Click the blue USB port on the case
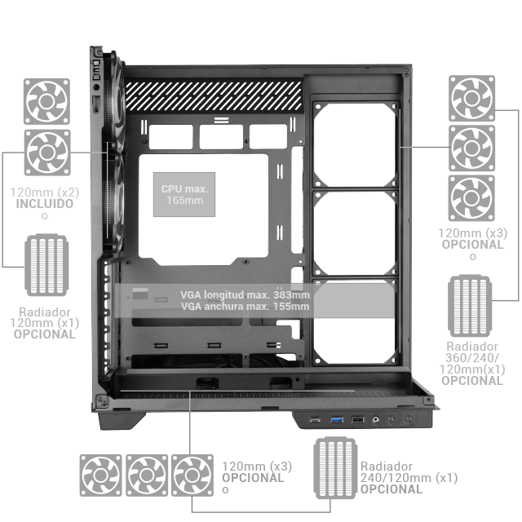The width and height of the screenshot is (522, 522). [336, 419]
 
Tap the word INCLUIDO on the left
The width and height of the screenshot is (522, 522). [45, 204]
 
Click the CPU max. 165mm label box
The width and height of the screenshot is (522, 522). [184, 194]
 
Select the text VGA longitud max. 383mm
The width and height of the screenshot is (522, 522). [245, 294]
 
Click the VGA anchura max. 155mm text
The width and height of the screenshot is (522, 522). [245, 307]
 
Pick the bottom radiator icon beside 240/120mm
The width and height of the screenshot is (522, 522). [335, 467]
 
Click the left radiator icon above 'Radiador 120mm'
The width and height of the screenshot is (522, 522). [46, 265]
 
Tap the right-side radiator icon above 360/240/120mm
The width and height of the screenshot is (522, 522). [470, 306]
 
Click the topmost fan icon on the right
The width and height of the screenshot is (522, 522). [471, 98]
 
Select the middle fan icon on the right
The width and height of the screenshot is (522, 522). [471, 148]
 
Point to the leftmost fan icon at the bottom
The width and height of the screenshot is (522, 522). [100, 476]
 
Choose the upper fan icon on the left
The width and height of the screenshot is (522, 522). [46, 101]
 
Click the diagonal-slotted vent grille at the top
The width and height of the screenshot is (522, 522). [214, 96]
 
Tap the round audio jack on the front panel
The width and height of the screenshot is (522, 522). [375, 419]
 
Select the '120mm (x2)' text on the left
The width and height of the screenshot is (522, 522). [45, 192]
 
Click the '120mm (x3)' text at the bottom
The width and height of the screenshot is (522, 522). [257, 467]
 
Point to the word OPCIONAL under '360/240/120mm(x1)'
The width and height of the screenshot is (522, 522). [472, 381]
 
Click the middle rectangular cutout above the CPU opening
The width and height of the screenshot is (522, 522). [221, 136]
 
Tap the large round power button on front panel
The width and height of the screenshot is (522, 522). [409, 418]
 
